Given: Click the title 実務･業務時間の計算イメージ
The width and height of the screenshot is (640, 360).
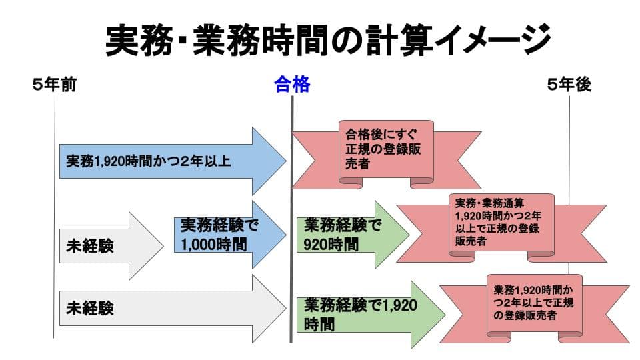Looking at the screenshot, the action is (328, 39).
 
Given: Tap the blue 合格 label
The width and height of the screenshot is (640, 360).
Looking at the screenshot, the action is (292, 85).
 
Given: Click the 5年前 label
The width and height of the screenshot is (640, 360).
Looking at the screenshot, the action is (55, 85).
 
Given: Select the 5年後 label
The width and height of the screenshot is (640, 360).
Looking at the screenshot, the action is (569, 85).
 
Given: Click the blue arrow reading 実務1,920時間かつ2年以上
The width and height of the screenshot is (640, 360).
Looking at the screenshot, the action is (173, 161).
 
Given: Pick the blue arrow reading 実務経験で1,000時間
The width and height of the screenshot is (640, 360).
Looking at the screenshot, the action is (230, 235).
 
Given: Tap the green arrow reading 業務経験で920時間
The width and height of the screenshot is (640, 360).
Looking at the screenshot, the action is (353, 235).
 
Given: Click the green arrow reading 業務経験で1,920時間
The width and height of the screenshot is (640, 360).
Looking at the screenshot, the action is (371, 315).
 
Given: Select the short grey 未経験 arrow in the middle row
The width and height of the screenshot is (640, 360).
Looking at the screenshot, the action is (111, 246).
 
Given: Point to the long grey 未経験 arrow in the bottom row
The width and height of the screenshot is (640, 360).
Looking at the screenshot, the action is (173, 309).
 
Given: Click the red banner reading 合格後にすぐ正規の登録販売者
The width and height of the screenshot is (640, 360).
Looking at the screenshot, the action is (386, 155).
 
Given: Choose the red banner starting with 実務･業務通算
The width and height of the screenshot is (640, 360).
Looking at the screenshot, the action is (501, 228).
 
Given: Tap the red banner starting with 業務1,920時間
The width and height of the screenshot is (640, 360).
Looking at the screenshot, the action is (535, 309).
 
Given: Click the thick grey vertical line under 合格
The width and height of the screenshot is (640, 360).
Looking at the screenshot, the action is (292, 219).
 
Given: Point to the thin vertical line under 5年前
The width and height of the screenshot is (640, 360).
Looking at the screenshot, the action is (54, 215).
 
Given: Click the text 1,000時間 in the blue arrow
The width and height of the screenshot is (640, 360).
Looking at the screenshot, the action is (214, 245).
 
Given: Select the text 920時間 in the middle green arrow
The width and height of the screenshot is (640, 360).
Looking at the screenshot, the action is (331, 245).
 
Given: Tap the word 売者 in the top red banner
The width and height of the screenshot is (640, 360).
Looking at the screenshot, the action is (357, 164).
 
